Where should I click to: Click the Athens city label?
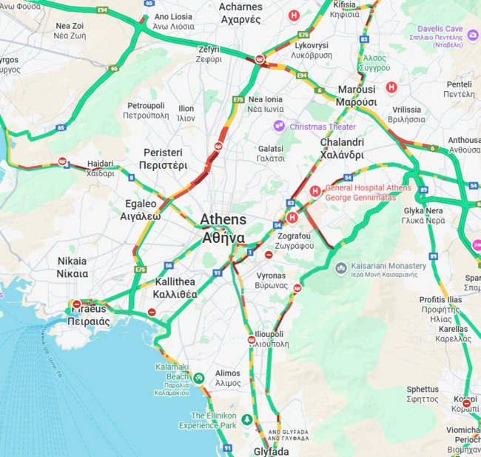pos(223,229)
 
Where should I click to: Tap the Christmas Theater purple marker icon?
pos(279,127)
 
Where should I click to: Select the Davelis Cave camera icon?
pos(473,35)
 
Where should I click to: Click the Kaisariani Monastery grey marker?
pos(340,267)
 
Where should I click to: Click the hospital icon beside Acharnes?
pos(295,15)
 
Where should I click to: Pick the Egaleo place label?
pos(141,210)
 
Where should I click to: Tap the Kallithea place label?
pos(175,287)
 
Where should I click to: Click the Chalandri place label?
pos(342,148)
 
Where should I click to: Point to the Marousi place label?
pos(357,96)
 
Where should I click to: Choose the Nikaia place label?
pos(72,267)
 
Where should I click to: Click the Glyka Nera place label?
pos(424,215)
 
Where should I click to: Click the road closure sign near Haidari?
pos(63,161)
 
